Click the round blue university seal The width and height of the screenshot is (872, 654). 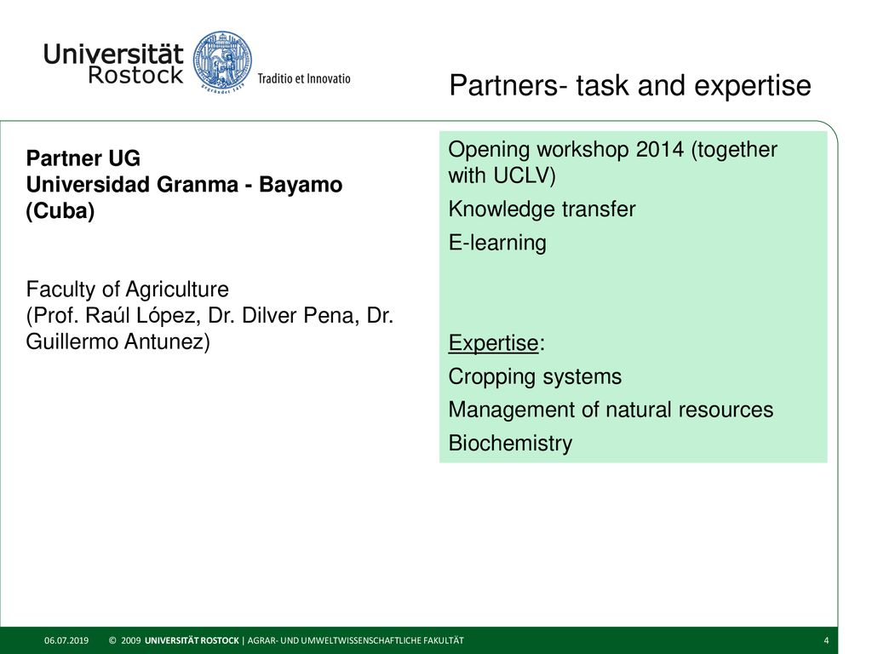point(222,61)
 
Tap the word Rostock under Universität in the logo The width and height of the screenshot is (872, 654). point(135,75)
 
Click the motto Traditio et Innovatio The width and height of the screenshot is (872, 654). point(304,78)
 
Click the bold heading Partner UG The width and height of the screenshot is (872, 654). point(83,158)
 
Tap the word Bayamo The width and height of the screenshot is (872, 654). point(301,185)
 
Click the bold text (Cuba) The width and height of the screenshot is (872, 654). point(60,211)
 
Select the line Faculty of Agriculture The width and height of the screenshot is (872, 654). point(128,290)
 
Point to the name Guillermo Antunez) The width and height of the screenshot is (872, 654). point(118,341)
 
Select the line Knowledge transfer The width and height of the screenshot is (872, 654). point(542,209)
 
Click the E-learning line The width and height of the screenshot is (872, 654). point(497,243)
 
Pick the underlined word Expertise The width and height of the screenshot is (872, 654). point(493,343)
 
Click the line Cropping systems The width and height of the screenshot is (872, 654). point(535,376)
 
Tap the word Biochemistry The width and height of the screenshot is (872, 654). point(510,443)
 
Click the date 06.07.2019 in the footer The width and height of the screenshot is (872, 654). point(66,640)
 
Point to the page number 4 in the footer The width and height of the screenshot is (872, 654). point(826,640)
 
